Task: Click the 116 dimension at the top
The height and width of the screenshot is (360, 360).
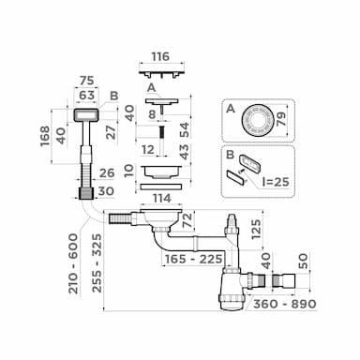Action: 160,56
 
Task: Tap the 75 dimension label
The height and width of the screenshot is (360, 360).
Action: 86,81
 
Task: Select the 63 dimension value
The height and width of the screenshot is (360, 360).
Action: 86,95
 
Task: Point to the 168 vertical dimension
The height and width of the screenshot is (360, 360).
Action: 45,136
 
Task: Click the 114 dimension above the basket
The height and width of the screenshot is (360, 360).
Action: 162,198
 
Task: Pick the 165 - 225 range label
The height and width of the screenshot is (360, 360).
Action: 194,259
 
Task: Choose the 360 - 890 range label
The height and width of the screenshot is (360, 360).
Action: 285,304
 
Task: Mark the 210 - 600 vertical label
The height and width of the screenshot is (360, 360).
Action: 74,263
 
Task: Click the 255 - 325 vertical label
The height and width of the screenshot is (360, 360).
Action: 97,263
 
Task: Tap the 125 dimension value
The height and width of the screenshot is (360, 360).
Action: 256,229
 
